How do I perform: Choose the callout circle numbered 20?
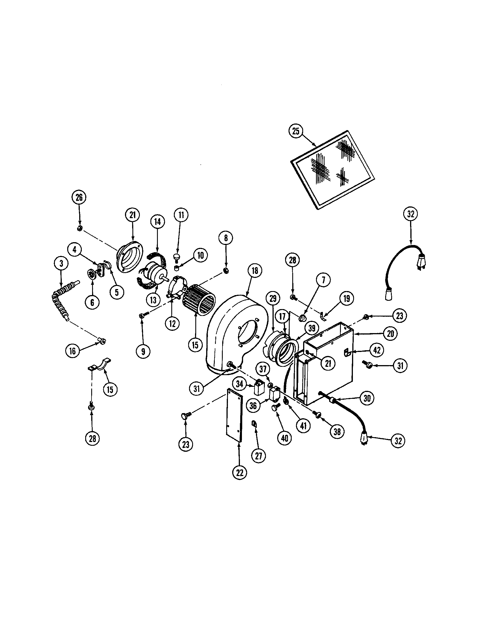coord(390,333)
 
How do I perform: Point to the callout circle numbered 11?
coord(181,215)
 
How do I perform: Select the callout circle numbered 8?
coord(226,238)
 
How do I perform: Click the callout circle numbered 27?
coord(259,456)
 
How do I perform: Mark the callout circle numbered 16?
coord(73,351)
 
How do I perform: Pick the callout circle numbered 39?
coord(312,329)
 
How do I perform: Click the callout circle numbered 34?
coord(240,384)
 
